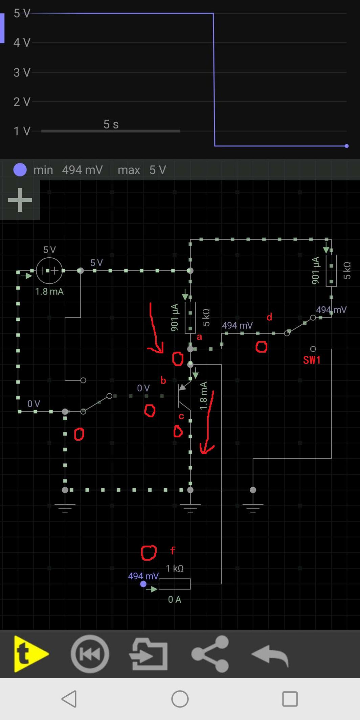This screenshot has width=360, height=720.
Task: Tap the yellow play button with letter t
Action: [x=30, y=654]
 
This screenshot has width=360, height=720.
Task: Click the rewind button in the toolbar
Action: [x=90, y=654]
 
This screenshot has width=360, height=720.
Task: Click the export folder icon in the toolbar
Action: [x=149, y=654]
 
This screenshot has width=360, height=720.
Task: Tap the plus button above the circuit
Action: [x=20, y=200]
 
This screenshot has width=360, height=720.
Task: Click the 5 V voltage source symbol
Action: [x=49, y=271]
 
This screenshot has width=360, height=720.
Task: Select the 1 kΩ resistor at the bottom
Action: [x=174, y=584]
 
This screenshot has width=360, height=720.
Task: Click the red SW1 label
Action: [x=312, y=360]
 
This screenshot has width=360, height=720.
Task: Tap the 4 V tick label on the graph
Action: [x=22, y=43]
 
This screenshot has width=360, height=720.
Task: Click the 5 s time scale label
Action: [x=111, y=124]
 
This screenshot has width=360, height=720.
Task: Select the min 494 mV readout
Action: [x=68, y=170]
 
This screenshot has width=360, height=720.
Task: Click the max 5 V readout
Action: [x=142, y=170]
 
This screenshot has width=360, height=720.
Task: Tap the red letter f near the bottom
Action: [x=173, y=551]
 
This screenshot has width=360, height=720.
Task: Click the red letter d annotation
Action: [x=269, y=317]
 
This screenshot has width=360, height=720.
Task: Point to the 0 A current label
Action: [x=175, y=599]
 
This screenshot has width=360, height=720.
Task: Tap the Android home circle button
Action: [x=180, y=699]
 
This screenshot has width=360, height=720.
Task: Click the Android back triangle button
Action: [x=69, y=699]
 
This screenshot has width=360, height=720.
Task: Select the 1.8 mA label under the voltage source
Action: [x=49, y=292]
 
